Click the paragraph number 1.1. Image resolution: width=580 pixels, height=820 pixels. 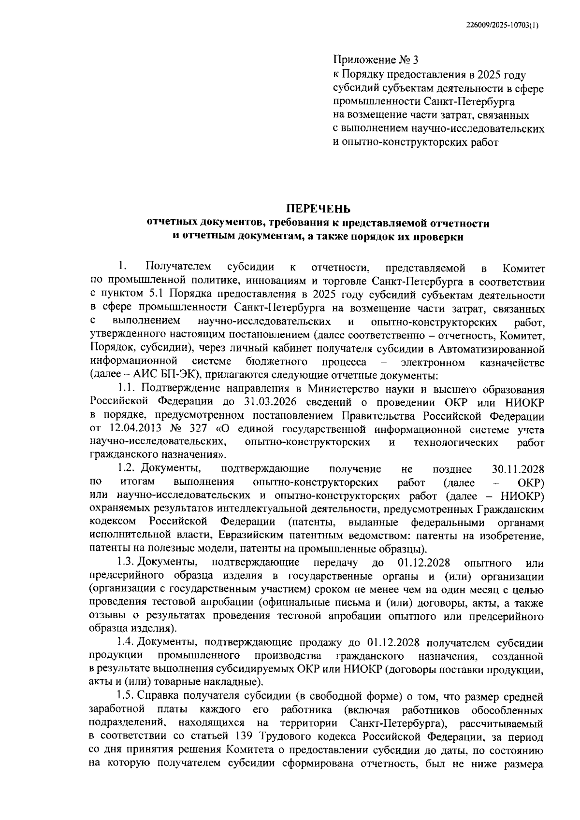pos(127,389)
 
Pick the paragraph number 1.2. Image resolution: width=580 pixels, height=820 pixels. pos(127,469)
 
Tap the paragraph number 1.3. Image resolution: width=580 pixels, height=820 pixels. pos(127,563)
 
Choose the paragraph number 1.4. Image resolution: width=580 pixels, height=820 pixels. pos(127,643)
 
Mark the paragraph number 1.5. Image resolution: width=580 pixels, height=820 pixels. pos(127,697)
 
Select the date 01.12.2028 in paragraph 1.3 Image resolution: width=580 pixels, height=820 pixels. pos(424,563)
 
